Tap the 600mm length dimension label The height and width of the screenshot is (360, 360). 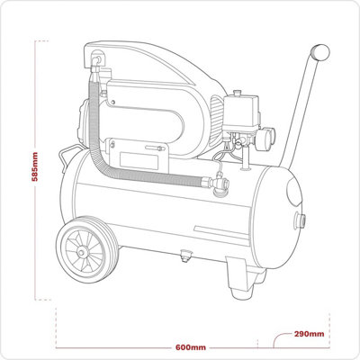[x=191, y=346]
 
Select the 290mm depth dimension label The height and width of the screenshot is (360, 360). [x=309, y=333]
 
